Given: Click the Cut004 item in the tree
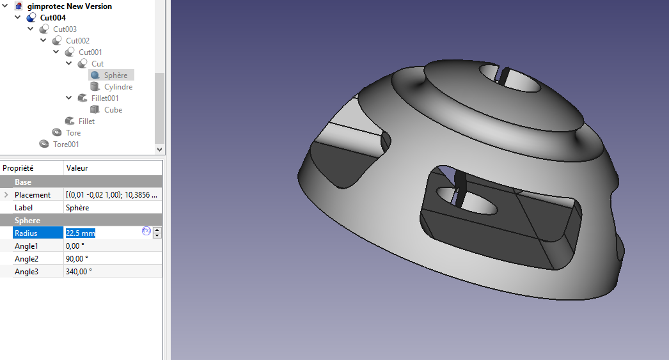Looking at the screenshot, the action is (x=52, y=17).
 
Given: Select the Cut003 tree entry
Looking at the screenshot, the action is (x=65, y=29).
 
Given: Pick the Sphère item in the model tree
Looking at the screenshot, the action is (x=115, y=75).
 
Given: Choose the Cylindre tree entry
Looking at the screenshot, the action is (x=118, y=86).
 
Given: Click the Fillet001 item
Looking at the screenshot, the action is (x=104, y=98).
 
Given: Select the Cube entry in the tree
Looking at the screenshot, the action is (x=113, y=109).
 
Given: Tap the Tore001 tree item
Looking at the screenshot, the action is (x=66, y=144).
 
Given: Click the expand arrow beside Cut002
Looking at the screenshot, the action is (x=43, y=40).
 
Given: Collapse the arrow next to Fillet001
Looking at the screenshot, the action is (x=69, y=98).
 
